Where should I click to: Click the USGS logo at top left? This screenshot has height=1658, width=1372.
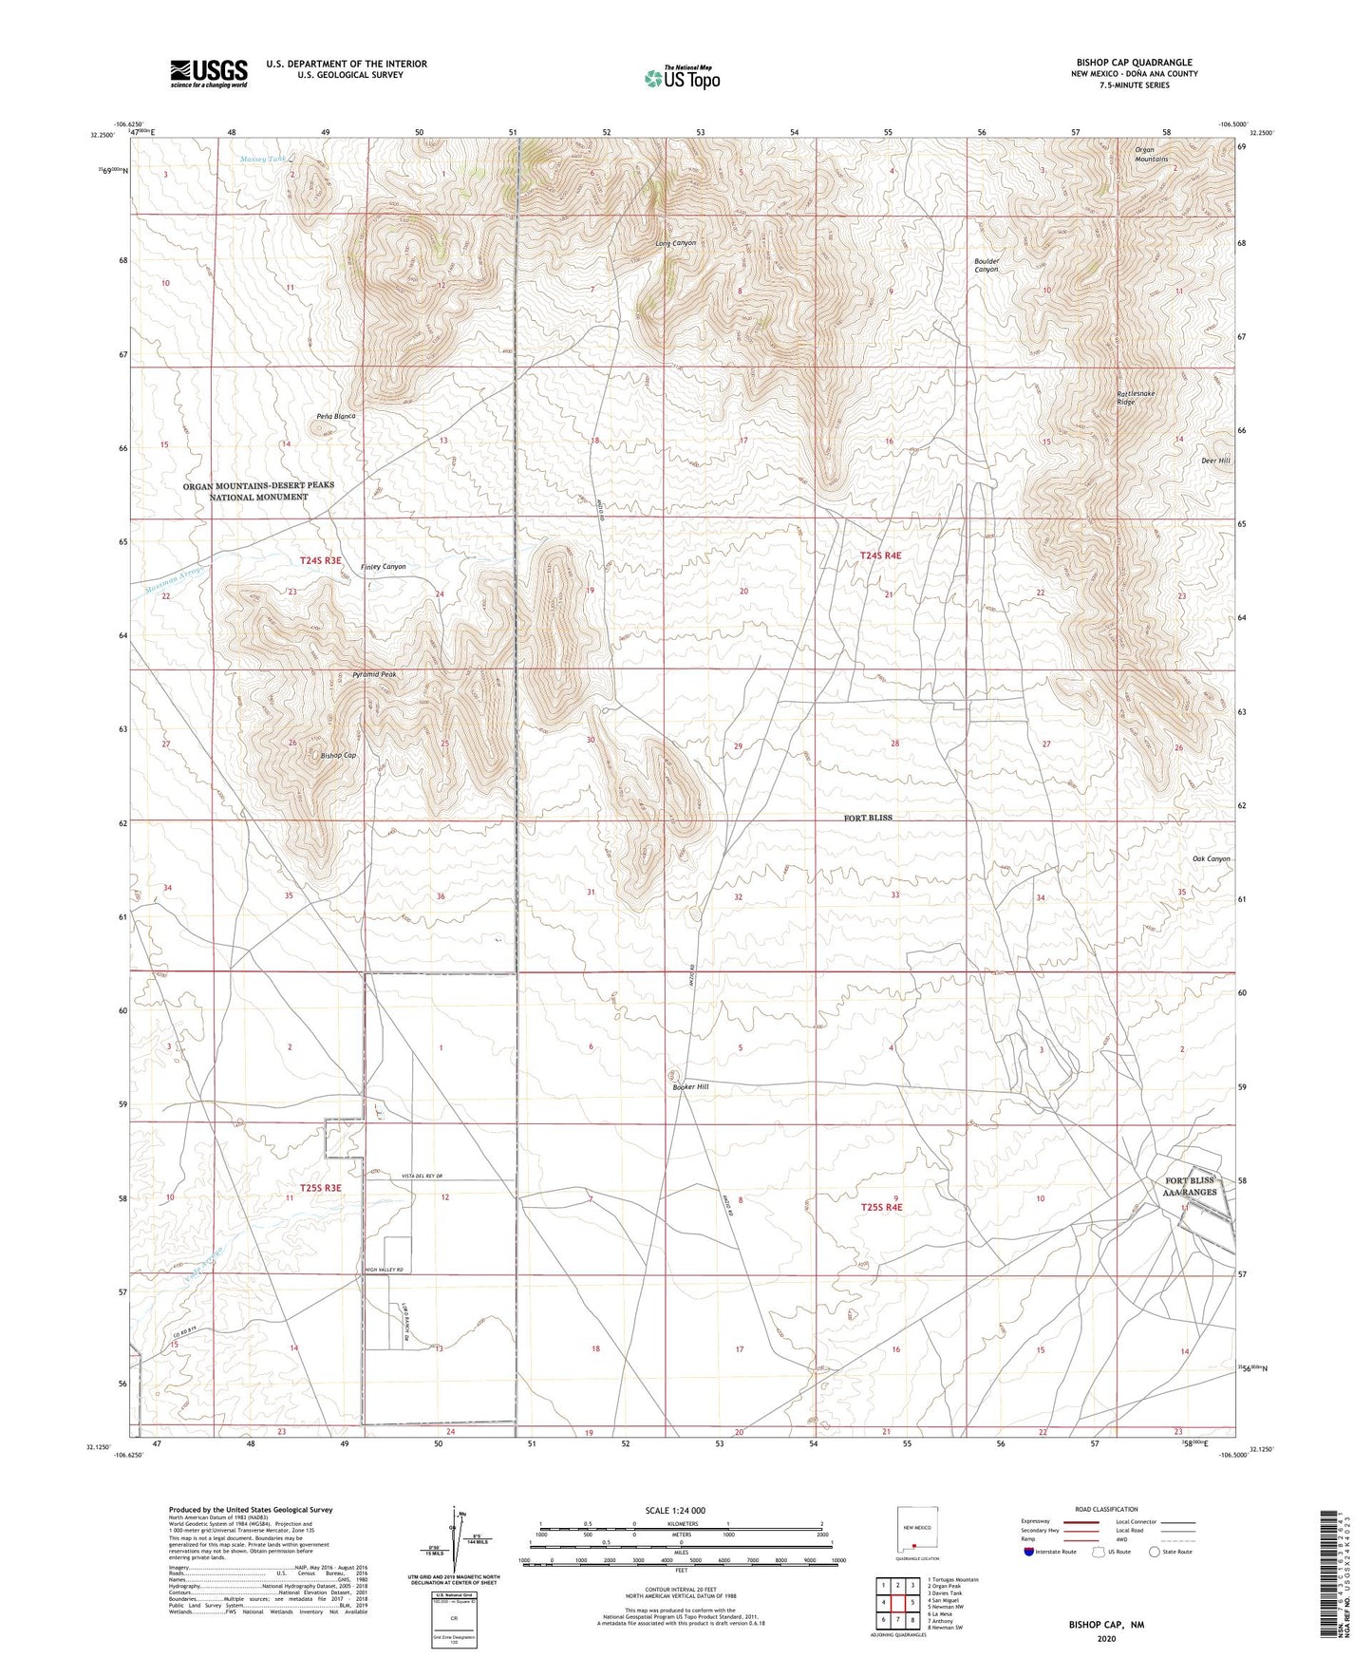(209, 73)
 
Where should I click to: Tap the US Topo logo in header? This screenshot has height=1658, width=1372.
(681, 78)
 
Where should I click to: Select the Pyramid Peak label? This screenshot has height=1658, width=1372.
(374, 674)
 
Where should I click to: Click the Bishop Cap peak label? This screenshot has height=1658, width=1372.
(338, 756)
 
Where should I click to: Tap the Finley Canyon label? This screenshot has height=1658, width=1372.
(383, 567)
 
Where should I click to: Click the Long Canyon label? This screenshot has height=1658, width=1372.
(675, 243)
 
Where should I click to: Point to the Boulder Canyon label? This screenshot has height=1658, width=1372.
(987, 265)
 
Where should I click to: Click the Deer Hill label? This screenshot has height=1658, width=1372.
(1215, 461)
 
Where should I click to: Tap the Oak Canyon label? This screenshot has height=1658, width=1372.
(1211, 859)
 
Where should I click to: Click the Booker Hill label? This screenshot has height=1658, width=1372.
(691, 1086)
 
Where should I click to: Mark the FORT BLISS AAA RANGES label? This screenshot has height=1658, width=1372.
(1191, 1186)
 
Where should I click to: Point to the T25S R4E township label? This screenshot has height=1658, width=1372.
(881, 1208)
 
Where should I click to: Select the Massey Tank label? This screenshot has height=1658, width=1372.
(262, 159)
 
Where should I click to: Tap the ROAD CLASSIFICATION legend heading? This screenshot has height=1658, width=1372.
(1106, 1509)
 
